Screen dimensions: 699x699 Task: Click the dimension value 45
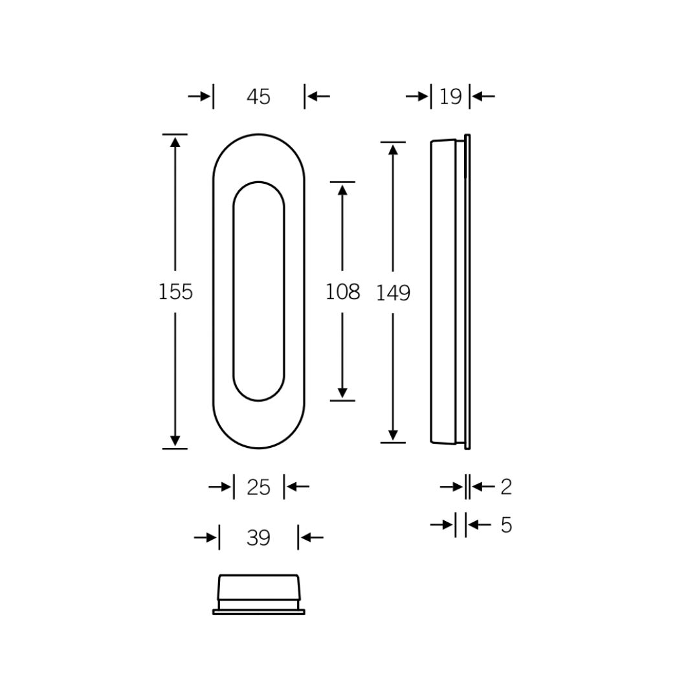258,97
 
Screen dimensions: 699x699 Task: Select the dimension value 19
450,97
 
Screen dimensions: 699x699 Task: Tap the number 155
175,293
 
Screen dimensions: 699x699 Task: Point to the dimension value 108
342,293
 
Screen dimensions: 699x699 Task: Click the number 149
394,294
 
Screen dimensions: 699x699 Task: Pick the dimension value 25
258,487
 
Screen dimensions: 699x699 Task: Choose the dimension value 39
258,538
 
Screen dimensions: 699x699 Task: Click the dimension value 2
506,487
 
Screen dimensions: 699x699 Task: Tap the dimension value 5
506,526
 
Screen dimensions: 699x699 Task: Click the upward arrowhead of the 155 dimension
175,142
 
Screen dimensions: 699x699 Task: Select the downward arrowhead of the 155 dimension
175,441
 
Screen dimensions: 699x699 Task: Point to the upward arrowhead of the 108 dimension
342,190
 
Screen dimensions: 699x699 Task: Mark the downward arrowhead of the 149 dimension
393,435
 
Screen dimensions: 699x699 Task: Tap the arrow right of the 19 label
483,96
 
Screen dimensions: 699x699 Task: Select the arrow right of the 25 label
296,487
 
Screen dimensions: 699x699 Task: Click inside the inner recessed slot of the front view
258,291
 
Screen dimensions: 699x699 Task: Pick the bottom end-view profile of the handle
258,594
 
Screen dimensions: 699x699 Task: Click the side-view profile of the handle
444,291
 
